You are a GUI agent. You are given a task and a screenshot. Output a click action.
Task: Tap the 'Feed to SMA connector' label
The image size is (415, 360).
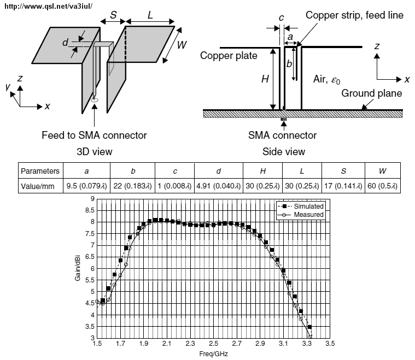coord(94,135)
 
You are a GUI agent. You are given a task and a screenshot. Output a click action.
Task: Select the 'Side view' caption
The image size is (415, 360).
coord(284,151)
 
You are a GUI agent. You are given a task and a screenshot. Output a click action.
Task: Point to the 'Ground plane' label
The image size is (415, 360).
coord(372,93)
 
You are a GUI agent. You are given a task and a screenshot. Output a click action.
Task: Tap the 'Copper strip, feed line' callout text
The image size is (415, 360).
coord(354,15)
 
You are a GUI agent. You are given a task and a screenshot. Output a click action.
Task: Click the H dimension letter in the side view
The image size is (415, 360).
coord(265,79)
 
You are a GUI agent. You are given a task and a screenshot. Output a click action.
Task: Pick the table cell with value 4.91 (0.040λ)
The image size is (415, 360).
coord(219,186)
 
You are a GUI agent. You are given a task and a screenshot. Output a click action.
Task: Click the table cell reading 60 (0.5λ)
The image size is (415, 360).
coord(381,186)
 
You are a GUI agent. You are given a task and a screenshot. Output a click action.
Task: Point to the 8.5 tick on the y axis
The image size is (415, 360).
coord(91,210)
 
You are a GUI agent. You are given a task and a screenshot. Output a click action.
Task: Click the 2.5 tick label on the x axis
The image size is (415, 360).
coord(214,345)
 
